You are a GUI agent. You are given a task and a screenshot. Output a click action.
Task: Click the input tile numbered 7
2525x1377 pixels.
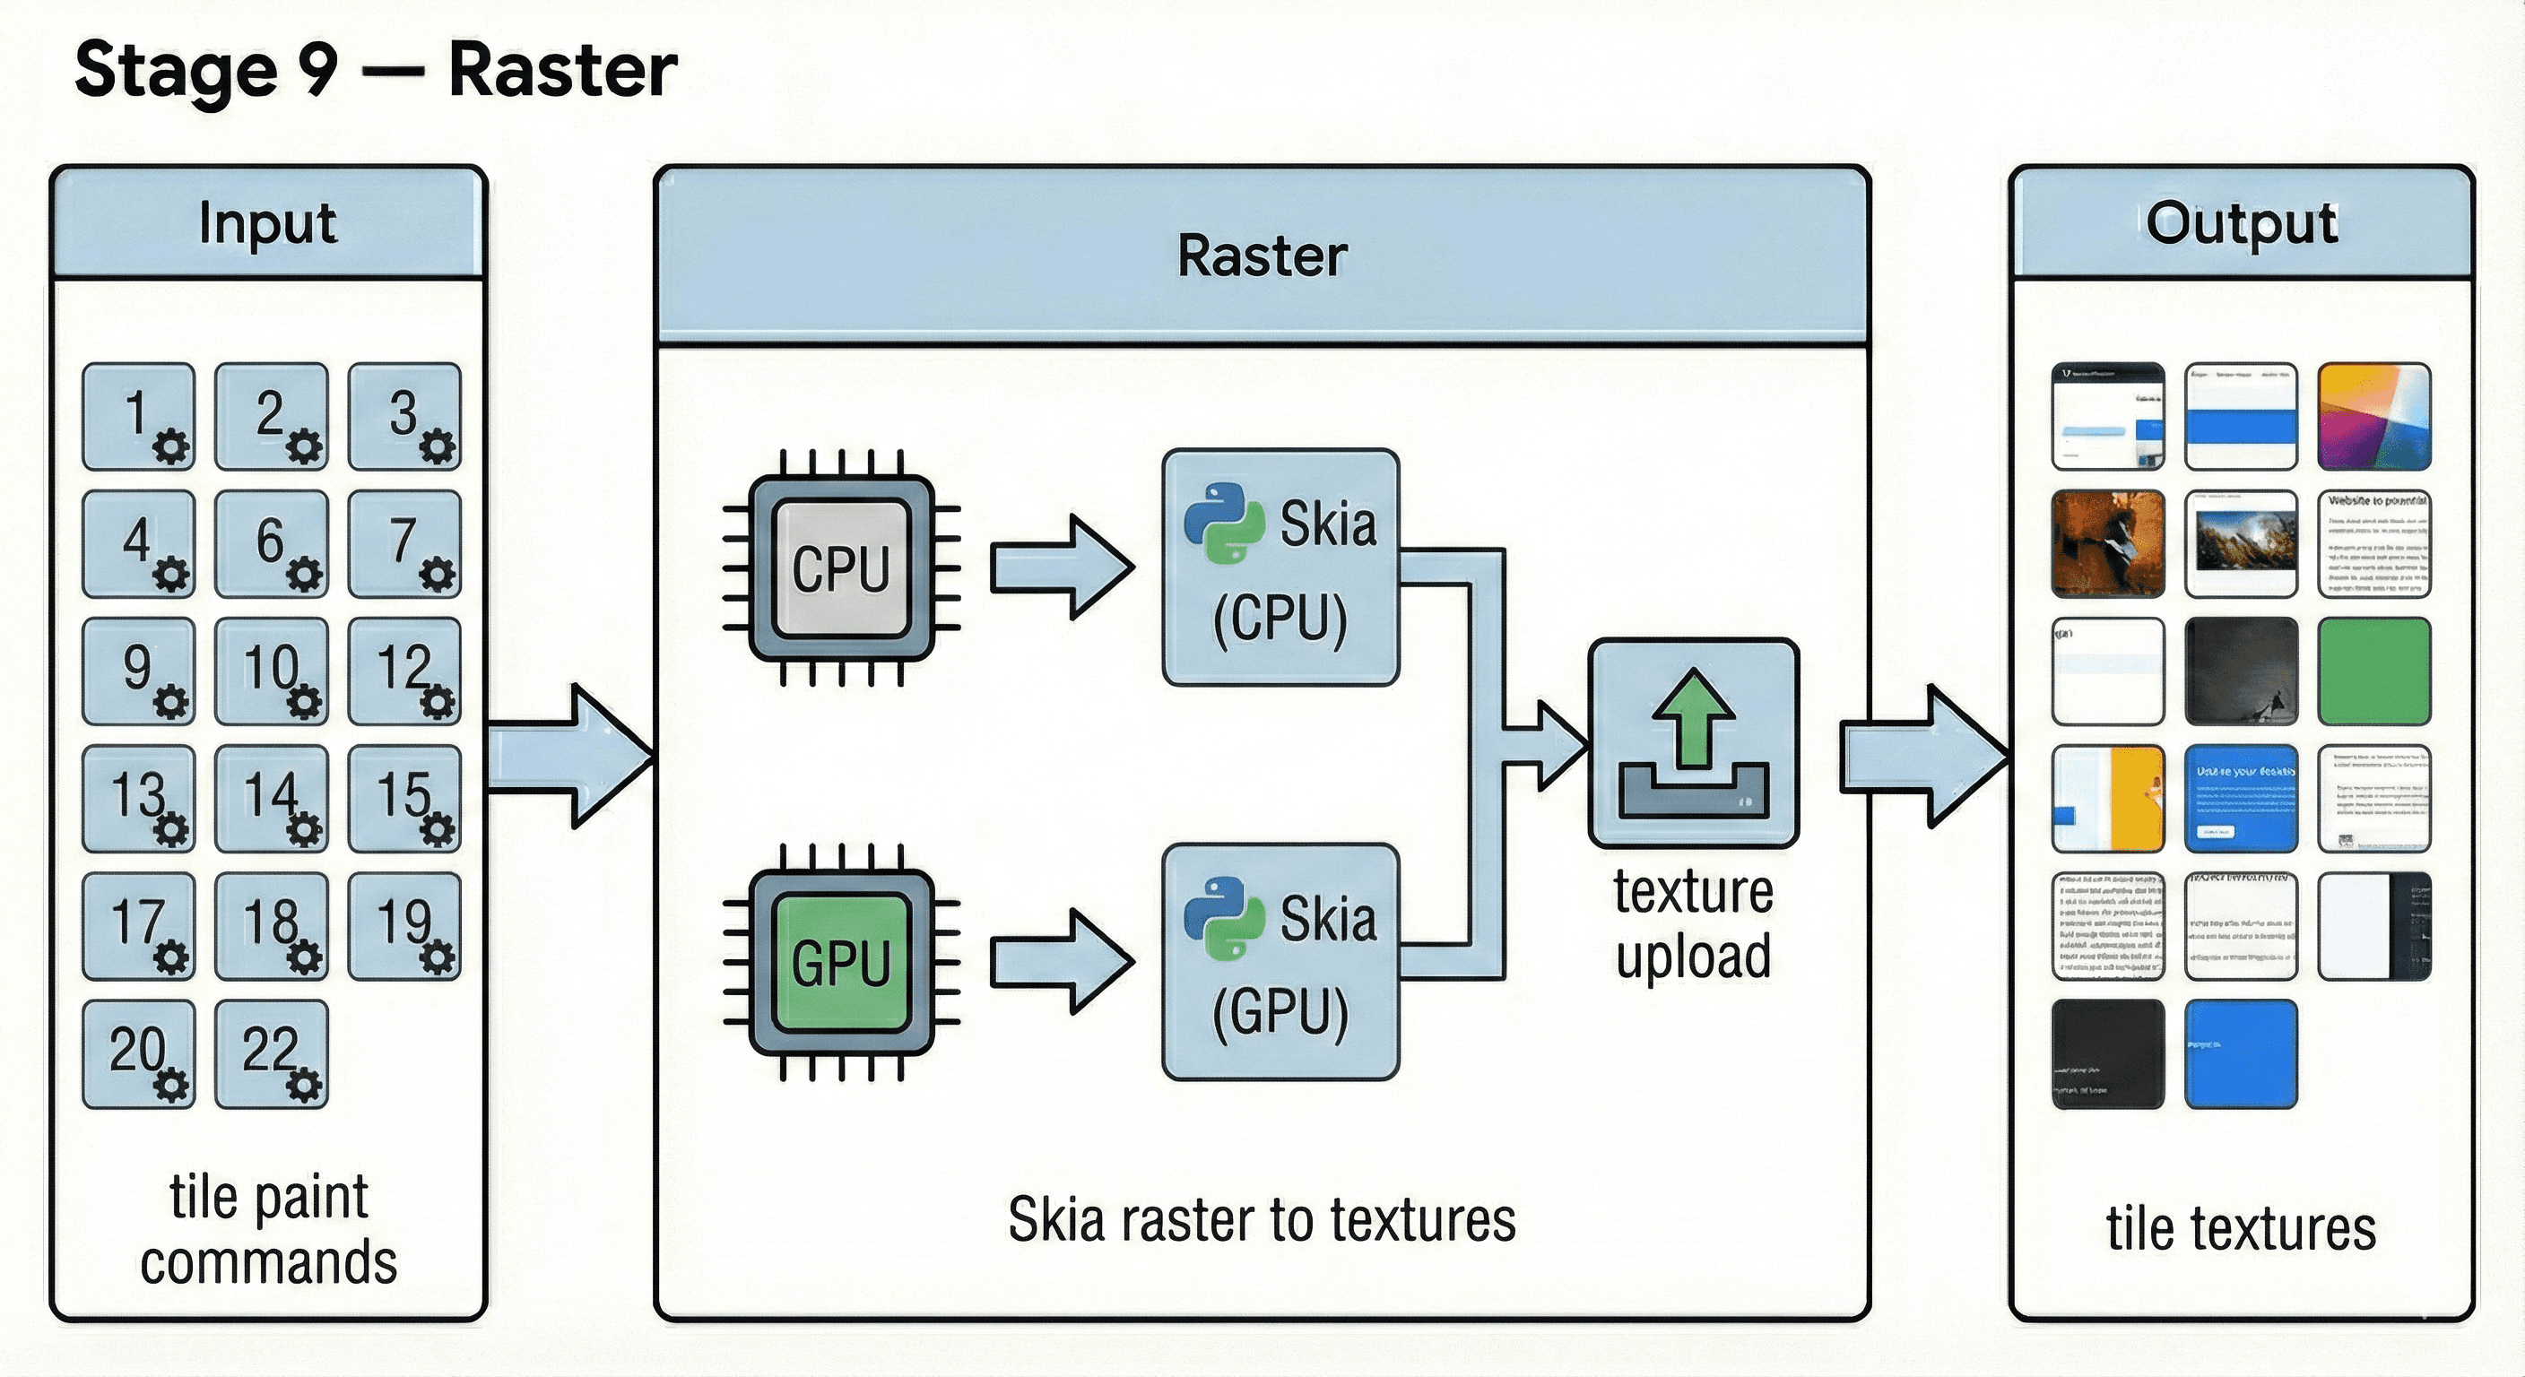[x=403, y=543]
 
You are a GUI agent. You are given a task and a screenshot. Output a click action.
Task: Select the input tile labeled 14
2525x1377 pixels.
[x=271, y=798]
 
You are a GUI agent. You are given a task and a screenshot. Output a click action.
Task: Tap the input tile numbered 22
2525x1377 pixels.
[x=271, y=1053]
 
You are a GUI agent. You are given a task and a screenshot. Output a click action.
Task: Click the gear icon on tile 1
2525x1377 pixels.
[x=172, y=448]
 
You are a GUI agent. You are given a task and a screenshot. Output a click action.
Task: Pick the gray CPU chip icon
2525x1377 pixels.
[x=841, y=568]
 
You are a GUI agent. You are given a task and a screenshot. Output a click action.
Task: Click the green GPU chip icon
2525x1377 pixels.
[x=841, y=963]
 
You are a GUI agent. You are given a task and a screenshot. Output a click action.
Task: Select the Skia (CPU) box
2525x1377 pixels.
[x=1280, y=567]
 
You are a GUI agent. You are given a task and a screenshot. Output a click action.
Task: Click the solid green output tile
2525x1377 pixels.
[x=2373, y=671]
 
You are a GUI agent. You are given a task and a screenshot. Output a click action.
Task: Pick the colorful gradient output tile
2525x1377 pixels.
[x=2373, y=417]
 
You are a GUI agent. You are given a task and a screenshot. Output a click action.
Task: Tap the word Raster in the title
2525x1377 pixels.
[x=561, y=71]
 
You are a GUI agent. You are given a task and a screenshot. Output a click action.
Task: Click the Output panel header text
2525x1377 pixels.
[x=2241, y=223]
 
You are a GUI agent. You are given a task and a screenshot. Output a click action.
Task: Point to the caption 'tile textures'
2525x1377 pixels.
[x=2241, y=1229]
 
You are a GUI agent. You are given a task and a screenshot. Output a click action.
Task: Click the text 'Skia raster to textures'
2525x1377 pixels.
[x=1262, y=1220]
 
